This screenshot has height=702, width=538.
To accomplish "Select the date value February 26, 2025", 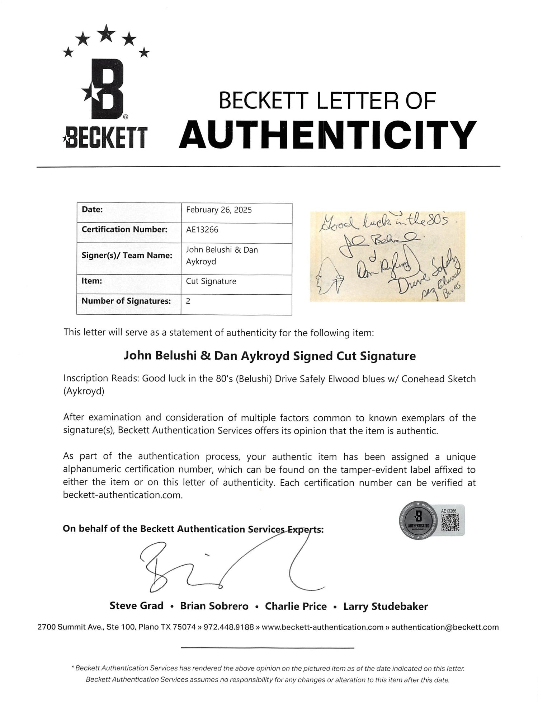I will coord(219,210).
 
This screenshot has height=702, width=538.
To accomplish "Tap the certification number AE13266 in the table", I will coord(202,230).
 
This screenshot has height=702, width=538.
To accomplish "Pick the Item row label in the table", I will coord(92,281).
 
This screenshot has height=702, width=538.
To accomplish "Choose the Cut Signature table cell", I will coord(211,281).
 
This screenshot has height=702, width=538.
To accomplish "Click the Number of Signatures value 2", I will coord(188,301).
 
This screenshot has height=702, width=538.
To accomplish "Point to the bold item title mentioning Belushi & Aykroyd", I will coord(270,356).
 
